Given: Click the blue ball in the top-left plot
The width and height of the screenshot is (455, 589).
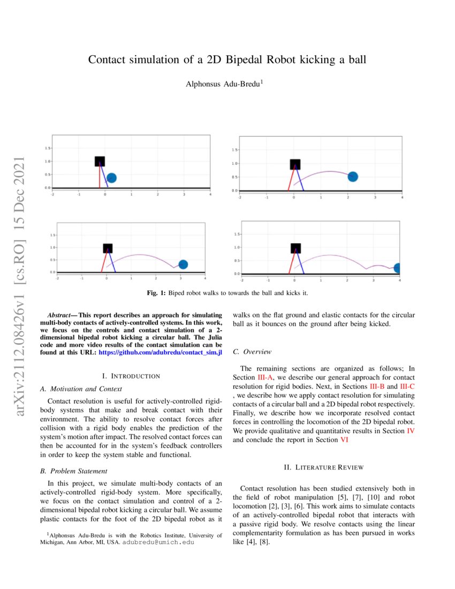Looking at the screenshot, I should (111, 178).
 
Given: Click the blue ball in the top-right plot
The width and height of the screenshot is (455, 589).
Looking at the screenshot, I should (352, 177).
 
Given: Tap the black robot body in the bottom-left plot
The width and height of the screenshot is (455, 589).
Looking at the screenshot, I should (108, 248).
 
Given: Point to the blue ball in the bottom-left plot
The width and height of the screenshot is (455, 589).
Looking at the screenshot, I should (183, 264).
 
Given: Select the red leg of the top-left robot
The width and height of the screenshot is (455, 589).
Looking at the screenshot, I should (100, 177).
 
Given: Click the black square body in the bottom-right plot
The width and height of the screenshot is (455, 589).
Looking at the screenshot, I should (295, 248).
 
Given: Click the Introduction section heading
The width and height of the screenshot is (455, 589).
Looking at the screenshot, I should (131, 376).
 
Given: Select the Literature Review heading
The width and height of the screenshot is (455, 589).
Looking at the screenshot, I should (323, 467).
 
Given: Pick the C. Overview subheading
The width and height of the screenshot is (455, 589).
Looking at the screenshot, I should (253, 352).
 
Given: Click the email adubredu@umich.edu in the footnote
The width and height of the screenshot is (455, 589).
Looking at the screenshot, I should (158, 542).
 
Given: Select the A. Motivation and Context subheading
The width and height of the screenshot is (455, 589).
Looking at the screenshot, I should (81, 389).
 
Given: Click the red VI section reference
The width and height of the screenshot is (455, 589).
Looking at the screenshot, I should (346, 439).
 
